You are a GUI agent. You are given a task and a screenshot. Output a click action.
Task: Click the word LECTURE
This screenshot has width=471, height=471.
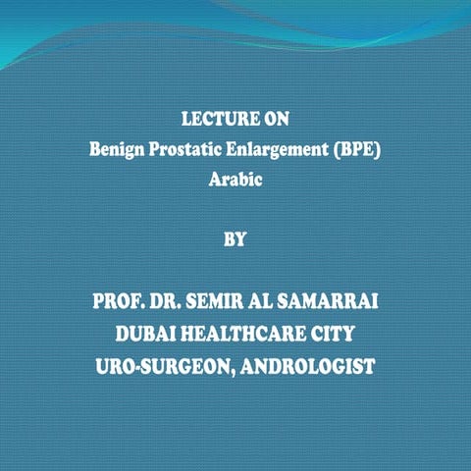pyautogui.click(x=214, y=121)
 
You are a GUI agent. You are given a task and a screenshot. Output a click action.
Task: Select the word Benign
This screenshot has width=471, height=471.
pyautogui.click(x=115, y=152)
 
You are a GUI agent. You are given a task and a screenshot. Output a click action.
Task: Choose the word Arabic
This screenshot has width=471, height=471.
pyautogui.click(x=235, y=182)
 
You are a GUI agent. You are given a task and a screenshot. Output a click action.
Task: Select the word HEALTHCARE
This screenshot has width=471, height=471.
pyautogui.click(x=248, y=335)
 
